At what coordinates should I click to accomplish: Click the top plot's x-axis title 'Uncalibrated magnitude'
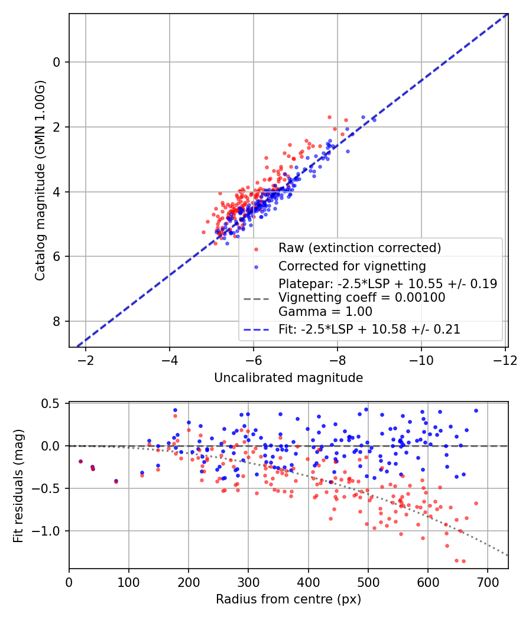click(x=288, y=377)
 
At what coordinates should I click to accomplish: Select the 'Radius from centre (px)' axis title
click(x=288, y=599)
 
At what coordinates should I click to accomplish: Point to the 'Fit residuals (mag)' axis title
click(x=18, y=485)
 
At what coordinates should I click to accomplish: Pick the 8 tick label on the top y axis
click(x=57, y=321)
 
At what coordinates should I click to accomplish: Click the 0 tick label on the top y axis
click(x=57, y=62)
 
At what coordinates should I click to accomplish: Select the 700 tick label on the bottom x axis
click(x=487, y=581)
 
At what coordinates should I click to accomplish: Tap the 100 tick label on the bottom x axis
click(x=129, y=581)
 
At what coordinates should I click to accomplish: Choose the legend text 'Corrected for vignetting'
click(x=352, y=266)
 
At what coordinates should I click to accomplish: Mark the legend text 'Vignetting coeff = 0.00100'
click(x=362, y=298)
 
